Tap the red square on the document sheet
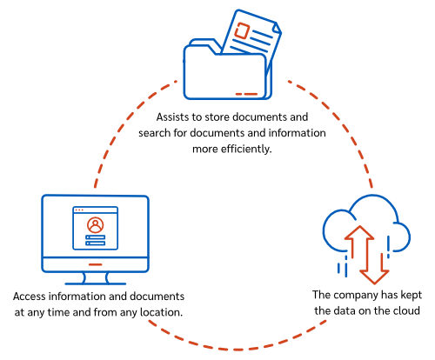pyautogui.click(x=242, y=30)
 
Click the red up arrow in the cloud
pyautogui.click(x=359, y=241)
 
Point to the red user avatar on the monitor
pyautogui.click(x=95, y=225)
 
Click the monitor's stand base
pyautogui.click(x=96, y=283)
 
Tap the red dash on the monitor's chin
pyautogui.click(x=96, y=264)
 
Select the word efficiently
pyautogui.click(x=246, y=149)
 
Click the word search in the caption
pyautogui.click(x=154, y=133)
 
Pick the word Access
pyautogui.click(x=30, y=297)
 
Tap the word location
pyautogui.click(x=161, y=312)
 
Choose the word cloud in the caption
pyautogui.click(x=406, y=310)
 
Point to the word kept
pyautogui.click(x=412, y=295)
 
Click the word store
pyautogui.click(x=217, y=117)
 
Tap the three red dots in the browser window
pyautogui.click(x=79, y=210)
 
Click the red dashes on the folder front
pyautogui.click(x=246, y=94)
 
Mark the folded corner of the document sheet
pyautogui.click(x=278, y=28)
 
